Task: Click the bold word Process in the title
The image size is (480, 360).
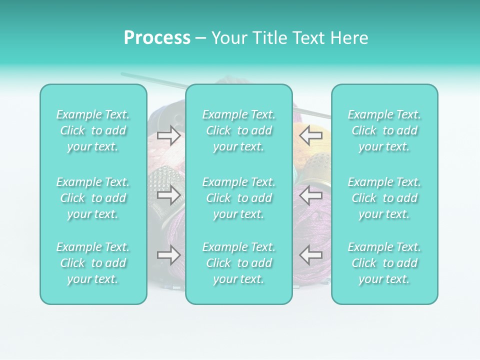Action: click(x=157, y=38)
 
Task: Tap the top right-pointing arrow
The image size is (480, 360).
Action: click(x=168, y=135)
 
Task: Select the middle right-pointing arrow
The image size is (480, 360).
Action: click(x=168, y=195)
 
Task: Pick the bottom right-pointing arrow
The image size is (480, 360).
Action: click(x=168, y=255)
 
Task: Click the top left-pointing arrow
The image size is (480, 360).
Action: click(x=310, y=135)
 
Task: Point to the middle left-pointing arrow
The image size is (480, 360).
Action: click(x=310, y=195)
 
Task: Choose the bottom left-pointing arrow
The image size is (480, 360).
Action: click(x=310, y=255)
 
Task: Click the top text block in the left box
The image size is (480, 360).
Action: click(x=93, y=130)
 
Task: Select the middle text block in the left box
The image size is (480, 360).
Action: click(x=93, y=198)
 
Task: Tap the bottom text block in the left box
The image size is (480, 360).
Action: click(x=93, y=263)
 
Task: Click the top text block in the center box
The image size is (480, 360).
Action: click(x=239, y=130)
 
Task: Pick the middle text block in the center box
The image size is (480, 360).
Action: click(x=239, y=198)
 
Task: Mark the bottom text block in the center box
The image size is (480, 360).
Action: click(x=239, y=263)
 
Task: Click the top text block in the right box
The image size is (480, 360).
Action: click(x=384, y=130)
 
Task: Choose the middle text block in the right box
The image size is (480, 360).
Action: click(x=384, y=198)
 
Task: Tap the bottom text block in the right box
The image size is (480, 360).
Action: click(x=384, y=263)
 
